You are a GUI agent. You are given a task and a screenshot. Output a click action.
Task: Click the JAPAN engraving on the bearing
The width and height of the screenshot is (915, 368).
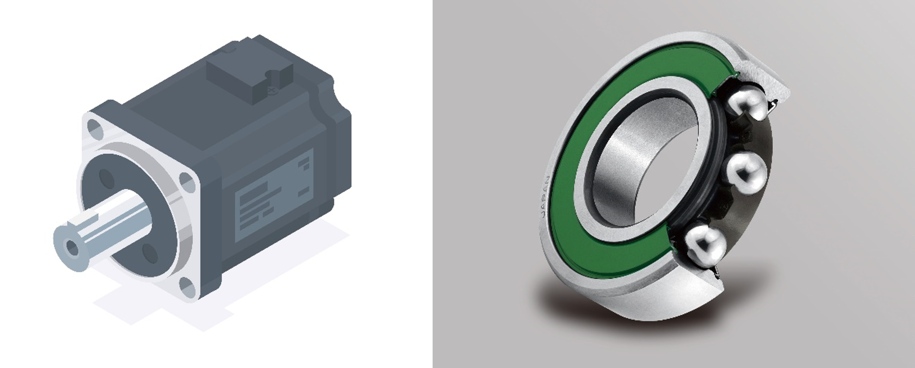click(546, 197)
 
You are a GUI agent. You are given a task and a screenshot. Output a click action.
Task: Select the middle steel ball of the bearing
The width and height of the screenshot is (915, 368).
click(746, 172)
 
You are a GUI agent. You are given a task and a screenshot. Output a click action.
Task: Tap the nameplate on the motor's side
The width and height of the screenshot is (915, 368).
click(275, 195)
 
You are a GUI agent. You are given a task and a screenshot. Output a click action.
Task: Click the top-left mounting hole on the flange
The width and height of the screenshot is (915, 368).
click(93, 126)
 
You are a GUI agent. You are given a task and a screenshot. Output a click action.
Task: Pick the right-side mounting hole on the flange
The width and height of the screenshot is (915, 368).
click(187, 182)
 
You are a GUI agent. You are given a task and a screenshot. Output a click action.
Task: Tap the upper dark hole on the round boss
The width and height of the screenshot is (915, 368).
click(107, 178)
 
